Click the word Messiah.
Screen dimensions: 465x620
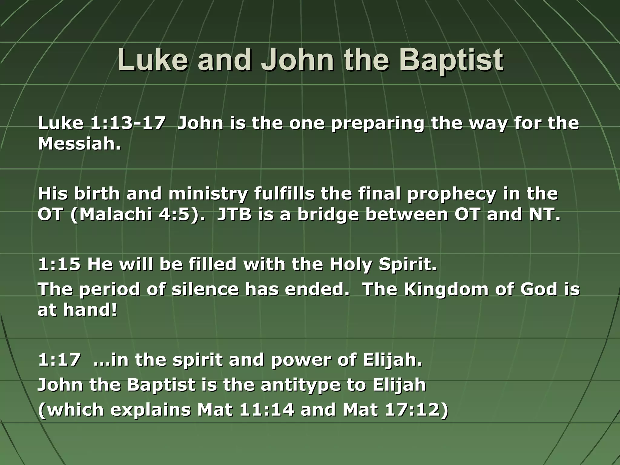[x=79, y=144]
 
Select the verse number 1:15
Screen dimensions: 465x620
[x=59, y=265]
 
